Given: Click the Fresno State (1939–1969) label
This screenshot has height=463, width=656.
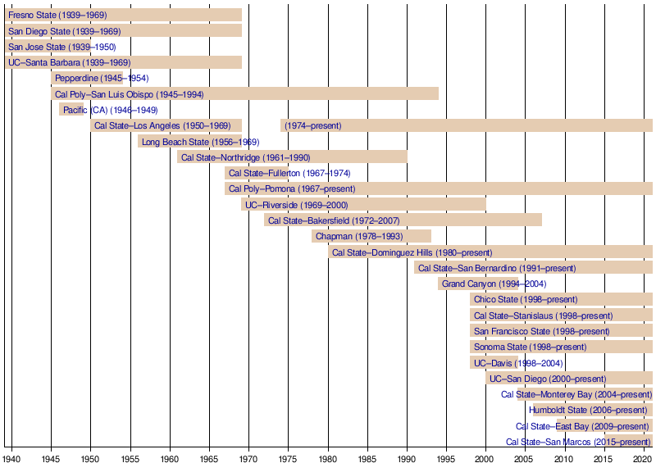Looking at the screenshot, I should pyautogui.click(x=57, y=16).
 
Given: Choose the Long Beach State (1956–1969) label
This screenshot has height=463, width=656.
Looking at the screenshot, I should pyautogui.click(x=200, y=142).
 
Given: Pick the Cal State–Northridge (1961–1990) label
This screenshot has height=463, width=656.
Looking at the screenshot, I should pyautogui.click(x=245, y=157).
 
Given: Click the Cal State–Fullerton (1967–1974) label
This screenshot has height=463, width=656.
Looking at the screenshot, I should pyautogui.click(x=289, y=173).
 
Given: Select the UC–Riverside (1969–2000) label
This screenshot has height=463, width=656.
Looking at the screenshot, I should pyautogui.click(x=297, y=205).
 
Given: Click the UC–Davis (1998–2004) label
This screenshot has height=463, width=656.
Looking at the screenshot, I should pyautogui.click(x=517, y=363).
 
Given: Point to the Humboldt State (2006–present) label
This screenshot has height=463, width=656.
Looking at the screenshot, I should pyautogui.click(x=588, y=411).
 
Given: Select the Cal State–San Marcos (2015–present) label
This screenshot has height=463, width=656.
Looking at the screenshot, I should pyautogui.click(x=578, y=443).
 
